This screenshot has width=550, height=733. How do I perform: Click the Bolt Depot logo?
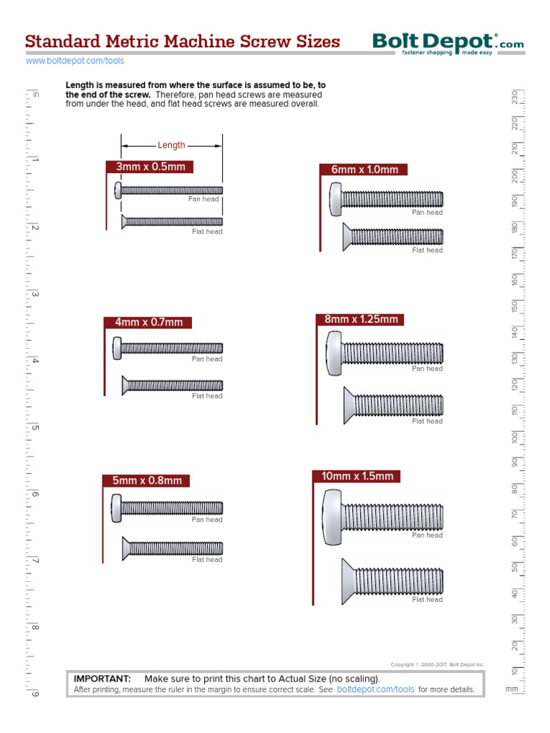click(448, 44)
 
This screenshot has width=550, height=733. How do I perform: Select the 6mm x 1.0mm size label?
click(364, 170)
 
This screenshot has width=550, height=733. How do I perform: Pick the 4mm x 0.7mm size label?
click(148, 322)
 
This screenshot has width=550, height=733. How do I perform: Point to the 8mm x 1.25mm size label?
click(360, 319)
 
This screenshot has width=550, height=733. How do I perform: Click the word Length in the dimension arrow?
click(171, 145)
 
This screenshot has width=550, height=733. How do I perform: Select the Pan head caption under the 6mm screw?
click(427, 213)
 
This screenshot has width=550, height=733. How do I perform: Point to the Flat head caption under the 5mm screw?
click(207, 560)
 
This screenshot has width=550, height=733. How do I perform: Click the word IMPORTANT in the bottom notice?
click(102, 679)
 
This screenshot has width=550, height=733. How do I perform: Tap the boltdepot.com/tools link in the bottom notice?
click(375, 690)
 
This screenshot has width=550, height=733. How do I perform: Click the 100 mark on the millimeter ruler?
click(514, 437)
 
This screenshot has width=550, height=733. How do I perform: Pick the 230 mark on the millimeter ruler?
click(514, 97)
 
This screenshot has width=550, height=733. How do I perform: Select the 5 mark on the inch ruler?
click(34, 428)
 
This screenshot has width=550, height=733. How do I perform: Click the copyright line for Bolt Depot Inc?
click(437, 664)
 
